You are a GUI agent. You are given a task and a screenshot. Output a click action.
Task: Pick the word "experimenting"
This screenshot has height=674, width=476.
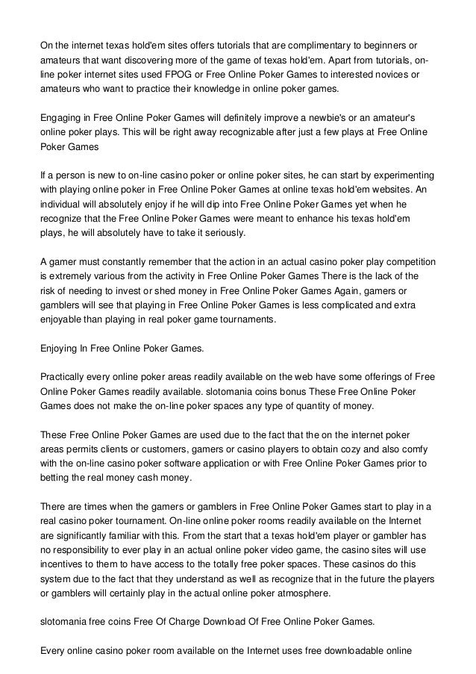pos(404,176)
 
